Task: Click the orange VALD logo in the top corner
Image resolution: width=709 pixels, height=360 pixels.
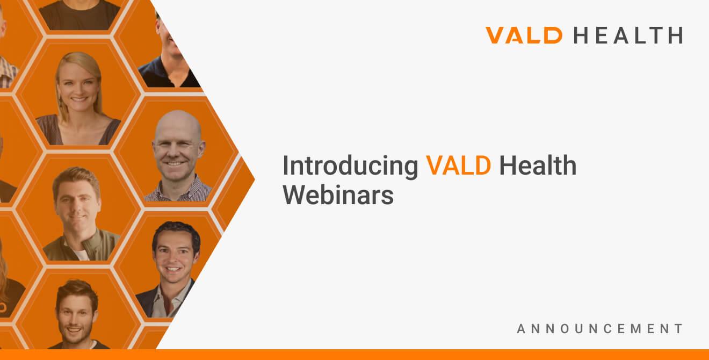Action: coord(524,35)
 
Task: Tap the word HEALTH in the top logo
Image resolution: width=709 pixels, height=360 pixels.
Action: coord(628,35)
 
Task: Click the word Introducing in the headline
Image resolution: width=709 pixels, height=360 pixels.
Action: coord(350,166)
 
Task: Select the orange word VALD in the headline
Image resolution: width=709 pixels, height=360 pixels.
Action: coord(459,165)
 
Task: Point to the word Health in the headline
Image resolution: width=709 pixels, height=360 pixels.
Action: coord(538,165)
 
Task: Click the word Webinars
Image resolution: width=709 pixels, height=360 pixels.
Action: coord(338,195)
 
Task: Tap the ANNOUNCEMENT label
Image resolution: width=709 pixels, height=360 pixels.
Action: coord(600,329)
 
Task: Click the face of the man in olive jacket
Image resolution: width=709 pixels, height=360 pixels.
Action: coord(77,204)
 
